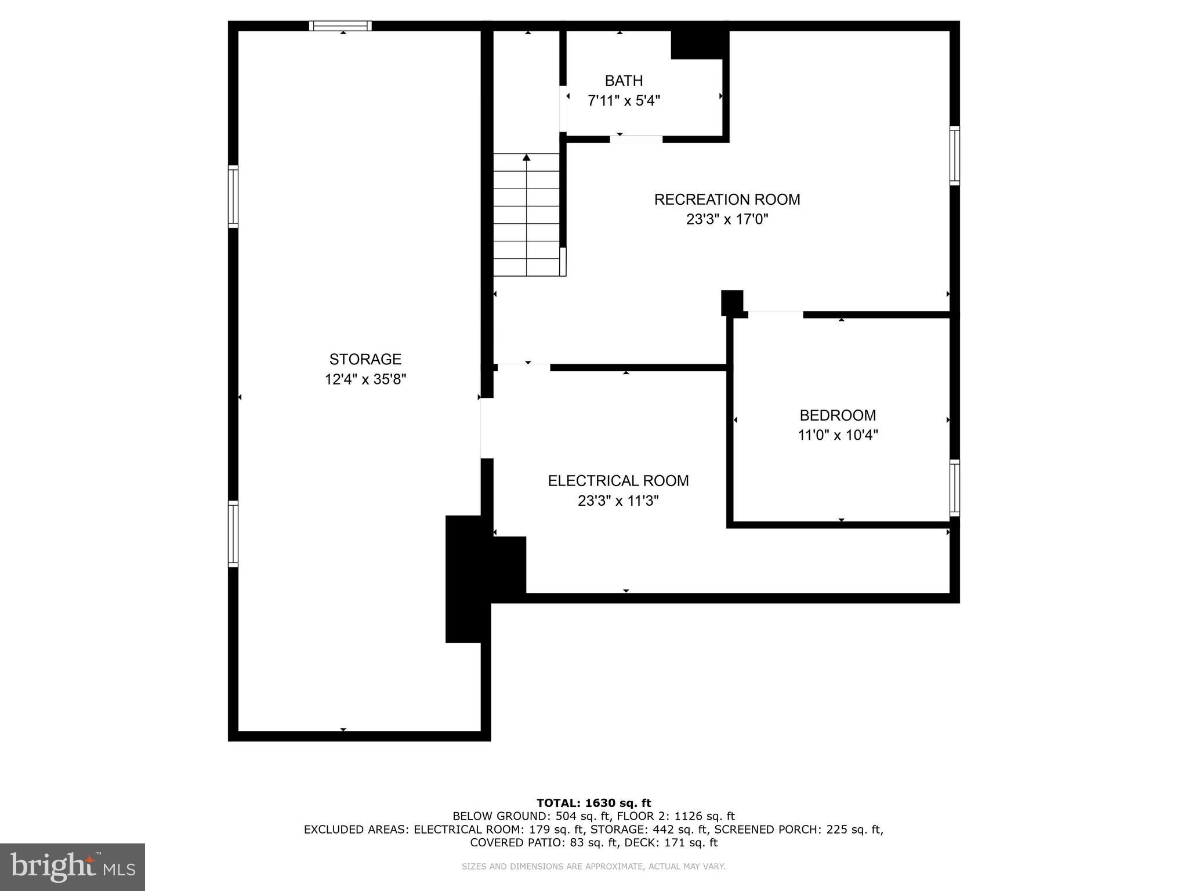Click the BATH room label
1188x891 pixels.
[624, 81]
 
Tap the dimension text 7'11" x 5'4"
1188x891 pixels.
[624, 101]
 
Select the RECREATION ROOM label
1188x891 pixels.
[727, 200]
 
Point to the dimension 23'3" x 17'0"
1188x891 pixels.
[727, 219]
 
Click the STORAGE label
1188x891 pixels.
[365, 359]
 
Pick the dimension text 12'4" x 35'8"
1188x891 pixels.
[365, 379]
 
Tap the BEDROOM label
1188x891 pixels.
[837, 415]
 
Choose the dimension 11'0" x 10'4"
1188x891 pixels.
[837, 435]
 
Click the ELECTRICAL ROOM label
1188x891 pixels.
[618, 481]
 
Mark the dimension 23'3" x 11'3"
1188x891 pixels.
[618, 501]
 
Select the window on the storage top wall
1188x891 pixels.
[340, 26]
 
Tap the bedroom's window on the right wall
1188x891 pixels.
[954, 488]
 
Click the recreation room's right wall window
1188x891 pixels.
[954, 155]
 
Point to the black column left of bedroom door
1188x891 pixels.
[731, 302]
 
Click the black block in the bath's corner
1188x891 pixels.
[699, 45]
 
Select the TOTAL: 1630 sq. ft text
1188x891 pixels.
[593, 803]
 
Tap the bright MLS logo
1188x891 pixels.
[72, 867]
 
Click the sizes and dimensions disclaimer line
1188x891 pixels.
[593, 867]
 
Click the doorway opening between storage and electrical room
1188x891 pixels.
[487, 428]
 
